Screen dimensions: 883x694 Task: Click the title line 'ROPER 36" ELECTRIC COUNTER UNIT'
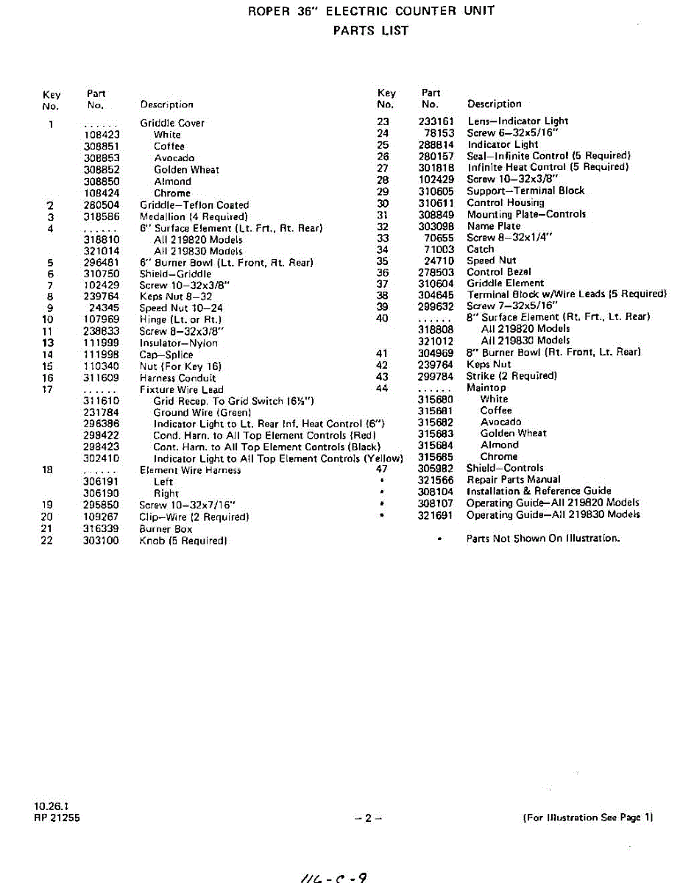371,11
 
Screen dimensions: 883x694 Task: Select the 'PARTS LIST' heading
370,31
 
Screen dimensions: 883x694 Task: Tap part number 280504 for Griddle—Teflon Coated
102,205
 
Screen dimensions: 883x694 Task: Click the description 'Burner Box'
166,529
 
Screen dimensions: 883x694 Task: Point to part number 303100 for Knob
102,541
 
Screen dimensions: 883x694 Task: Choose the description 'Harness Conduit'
178,378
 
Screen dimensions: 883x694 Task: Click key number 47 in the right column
382,468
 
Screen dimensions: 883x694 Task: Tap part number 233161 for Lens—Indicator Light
436,121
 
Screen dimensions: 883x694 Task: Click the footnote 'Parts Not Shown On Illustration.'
543,539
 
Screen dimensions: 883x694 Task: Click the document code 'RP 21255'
57,818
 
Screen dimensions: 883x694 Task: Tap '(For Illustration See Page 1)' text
588,818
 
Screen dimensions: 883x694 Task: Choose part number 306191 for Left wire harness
102,482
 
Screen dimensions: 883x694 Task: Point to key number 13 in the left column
49,343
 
